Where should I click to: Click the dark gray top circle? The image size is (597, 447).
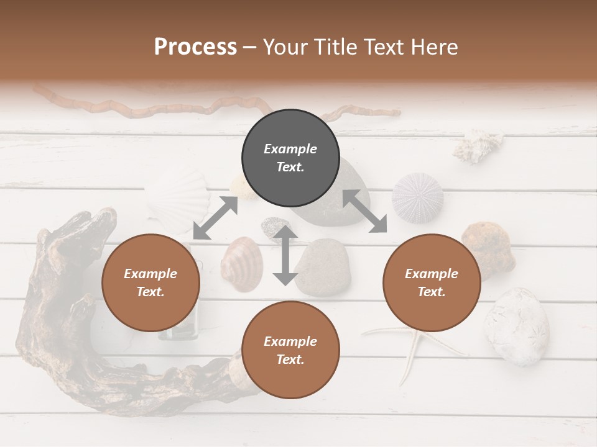coord(290,158)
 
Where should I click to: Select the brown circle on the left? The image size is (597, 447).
coord(150,282)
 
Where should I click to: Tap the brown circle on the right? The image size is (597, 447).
coord(432,282)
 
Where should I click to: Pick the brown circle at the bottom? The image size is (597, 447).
coord(290,350)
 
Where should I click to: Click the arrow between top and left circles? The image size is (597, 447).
coord(215,218)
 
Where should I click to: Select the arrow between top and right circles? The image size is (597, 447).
coord(364,212)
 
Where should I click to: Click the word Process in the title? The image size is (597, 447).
coord(195,47)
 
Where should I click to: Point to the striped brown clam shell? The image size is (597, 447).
coord(241,264)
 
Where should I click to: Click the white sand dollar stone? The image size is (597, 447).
coord(517,325)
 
